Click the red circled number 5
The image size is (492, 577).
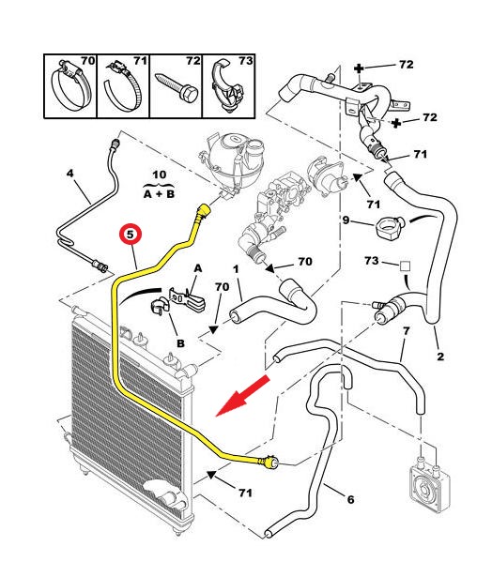[x=131, y=234]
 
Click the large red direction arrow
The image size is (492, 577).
[x=242, y=396]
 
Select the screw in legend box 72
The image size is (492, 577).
[x=178, y=87]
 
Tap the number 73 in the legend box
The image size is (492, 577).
[x=245, y=60]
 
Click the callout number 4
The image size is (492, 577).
[x=70, y=173]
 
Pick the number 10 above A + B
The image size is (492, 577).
[x=159, y=175]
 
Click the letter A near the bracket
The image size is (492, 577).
[x=198, y=268]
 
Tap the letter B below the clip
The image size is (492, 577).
[x=180, y=343]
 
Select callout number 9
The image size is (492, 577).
[x=346, y=220]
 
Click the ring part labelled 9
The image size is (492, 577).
[x=391, y=227]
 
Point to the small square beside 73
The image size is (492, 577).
[x=406, y=266]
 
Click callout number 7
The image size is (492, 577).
[x=406, y=331]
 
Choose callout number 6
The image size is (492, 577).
[x=350, y=499]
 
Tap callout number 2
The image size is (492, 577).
[x=440, y=357]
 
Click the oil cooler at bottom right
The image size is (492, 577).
[x=430, y=485]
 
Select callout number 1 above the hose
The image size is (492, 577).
[x=236, y=269]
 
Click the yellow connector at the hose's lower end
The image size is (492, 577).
[x=269, y=463]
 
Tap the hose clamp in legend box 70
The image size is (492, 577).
[x=70, y=85]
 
